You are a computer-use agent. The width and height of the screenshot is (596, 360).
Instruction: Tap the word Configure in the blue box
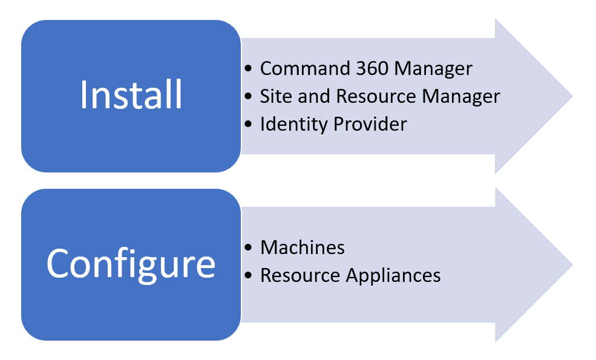pyautogui.click(x=131, y=263)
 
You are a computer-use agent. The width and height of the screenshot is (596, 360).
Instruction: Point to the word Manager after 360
pyautogui.click(x=433, y=68)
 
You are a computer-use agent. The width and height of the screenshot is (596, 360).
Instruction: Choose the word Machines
pyautogui.click(x=303, y=247)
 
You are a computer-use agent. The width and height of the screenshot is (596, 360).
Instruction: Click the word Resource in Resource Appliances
pyautogui.click(x=300, y=275)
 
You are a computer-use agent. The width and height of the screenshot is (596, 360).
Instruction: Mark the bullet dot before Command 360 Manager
pyautogui.click(x=249, y=69)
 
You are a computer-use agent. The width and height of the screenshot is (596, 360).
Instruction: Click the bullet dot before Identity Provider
pyautogui.click(x=249, y=125)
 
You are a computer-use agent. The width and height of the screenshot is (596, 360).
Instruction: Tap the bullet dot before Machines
pyautogui.click(x=249, y=248)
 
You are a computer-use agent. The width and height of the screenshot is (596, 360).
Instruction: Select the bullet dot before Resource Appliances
pyautogui.click(x=249, y=276)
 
